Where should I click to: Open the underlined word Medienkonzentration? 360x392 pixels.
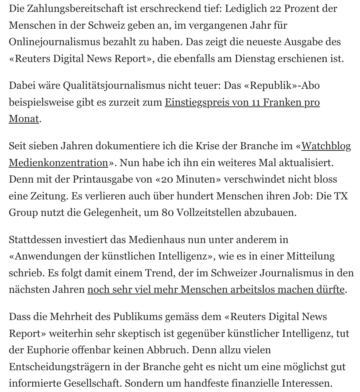(58, 163)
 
